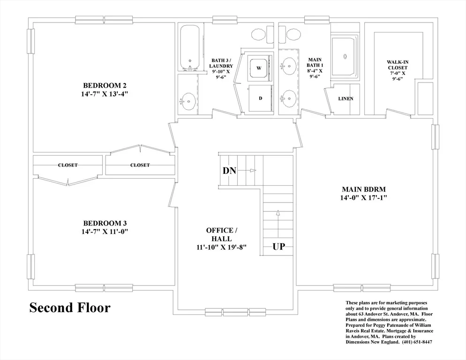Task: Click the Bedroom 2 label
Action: coord(105,86)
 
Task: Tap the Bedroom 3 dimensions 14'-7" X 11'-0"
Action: coord(105,231)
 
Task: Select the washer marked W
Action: coord(259,68)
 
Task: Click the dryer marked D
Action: coord(260,98)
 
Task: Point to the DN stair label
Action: coord(229,171)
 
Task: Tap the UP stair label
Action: coord(278,247)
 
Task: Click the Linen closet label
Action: coord(346,98)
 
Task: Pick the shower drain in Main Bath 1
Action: coord(345,56)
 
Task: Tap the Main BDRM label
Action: coord(364,189)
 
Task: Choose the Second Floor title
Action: coord(70,307)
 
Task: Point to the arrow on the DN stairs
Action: coord(247,170)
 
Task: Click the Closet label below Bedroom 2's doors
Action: coord(140,165)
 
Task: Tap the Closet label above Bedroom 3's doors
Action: coord(68,165)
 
